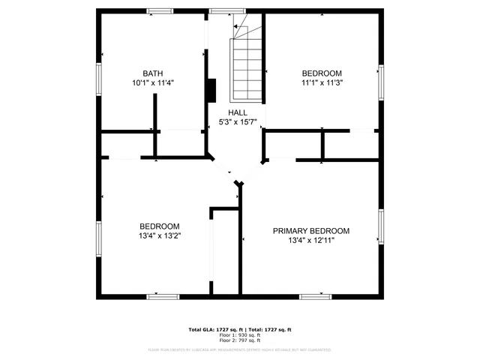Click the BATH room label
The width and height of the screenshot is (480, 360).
(x=153, y=73)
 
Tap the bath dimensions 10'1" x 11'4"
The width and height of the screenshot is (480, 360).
(x=153, y=83)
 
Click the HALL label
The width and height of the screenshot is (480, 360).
(x=238, y=112)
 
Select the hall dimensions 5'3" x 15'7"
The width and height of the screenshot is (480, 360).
(x=238, y=122)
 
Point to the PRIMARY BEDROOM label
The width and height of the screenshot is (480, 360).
(x=310, y=231)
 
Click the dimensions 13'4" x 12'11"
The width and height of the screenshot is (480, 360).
(x=310, y=241)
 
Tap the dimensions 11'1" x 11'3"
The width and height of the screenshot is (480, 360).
(x=322, y=83)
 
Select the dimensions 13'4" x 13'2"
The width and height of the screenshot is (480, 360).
(x=160, y=235)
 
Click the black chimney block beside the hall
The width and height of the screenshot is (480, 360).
(x=211, y=91)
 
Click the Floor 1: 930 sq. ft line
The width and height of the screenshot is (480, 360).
(x=239, y=335)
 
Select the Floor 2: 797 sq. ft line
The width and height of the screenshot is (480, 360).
(x=239, y=340)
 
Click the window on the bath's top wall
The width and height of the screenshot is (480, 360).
(x=158, y=10)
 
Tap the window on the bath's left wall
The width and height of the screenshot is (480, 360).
(x=97, y=78)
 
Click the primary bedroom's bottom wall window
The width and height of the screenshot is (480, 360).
(x=316, y=296)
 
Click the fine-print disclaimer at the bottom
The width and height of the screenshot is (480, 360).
(x=239, y=349)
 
